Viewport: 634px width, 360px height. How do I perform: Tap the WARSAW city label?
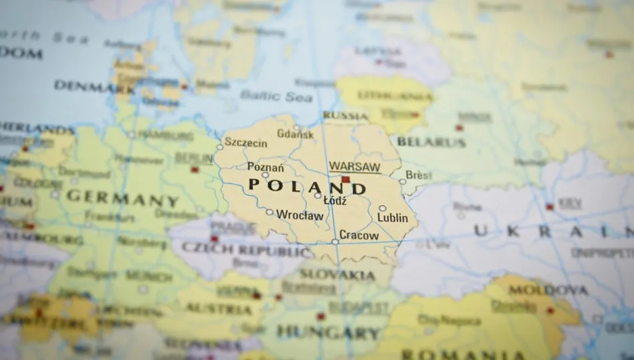pos(354,167)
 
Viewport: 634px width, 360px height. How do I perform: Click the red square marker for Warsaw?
pos(346,179)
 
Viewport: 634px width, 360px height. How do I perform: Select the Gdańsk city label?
pos(295,134)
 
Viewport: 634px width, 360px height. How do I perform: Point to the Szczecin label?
pos(245,143)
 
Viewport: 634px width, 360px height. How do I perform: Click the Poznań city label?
pos(266,167)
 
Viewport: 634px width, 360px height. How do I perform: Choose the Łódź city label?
pos(334,199)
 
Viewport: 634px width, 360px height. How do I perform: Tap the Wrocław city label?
pos(300,215)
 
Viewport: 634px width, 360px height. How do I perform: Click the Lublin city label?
pos(392,217)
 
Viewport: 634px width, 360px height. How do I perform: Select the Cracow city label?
pos(358,235)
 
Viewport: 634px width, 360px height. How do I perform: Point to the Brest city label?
pos(419,175)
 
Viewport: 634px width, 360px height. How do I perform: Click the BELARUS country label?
pos(431,142)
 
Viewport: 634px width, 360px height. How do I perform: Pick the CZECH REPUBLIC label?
pos(246,250)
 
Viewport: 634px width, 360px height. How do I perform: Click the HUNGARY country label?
pos(328,331)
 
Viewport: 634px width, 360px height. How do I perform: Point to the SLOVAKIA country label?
pos(336,274)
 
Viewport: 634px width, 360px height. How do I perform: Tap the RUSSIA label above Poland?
pos(345,115)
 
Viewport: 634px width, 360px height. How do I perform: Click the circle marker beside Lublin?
pos(383,208)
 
